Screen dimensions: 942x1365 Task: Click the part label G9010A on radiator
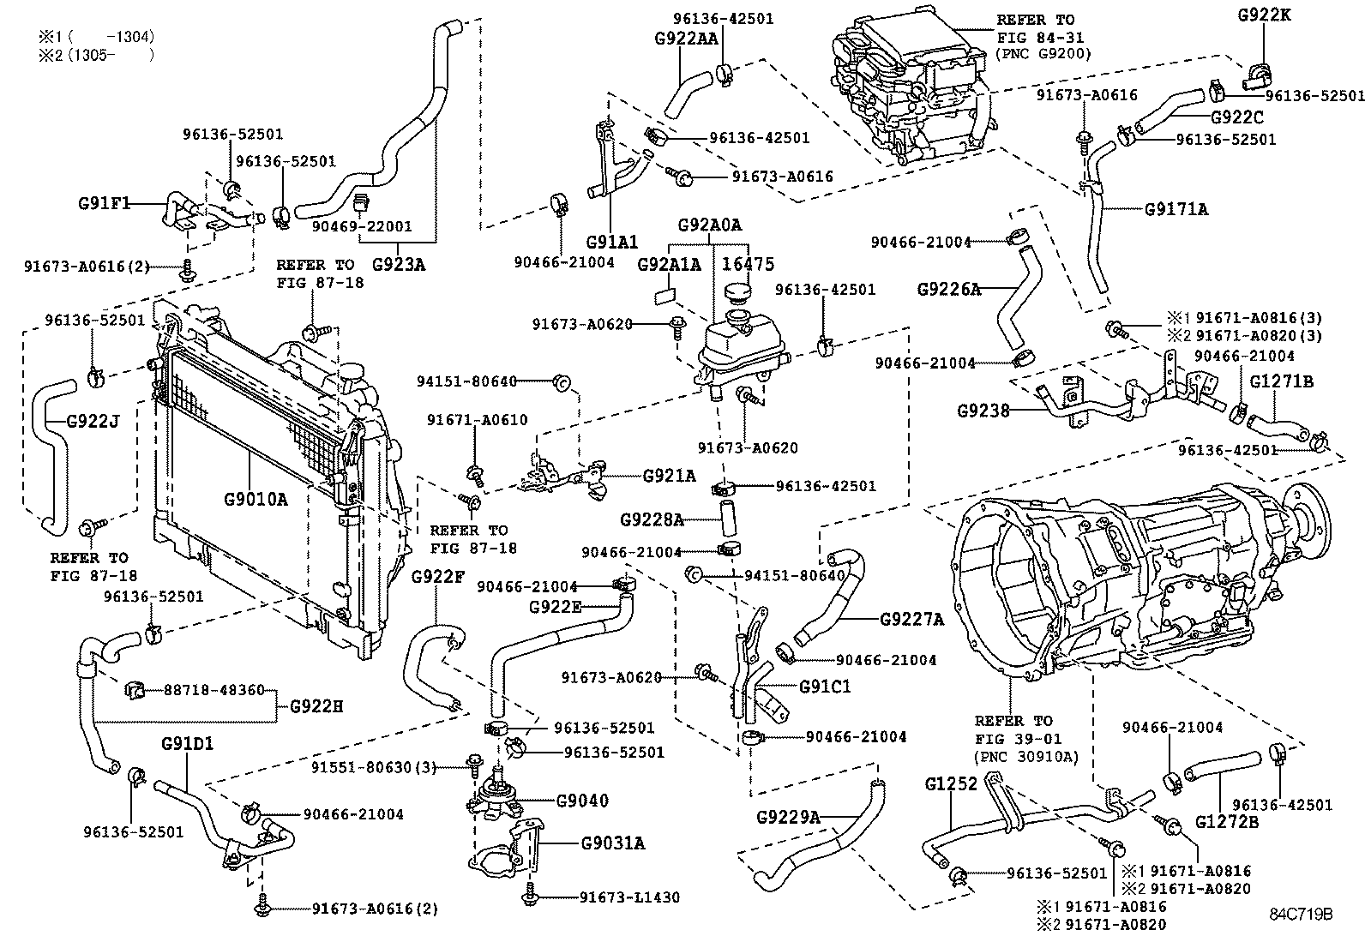(256, 499)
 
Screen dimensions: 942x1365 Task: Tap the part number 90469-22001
(362, 227)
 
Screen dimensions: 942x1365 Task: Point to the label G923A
(399, 264)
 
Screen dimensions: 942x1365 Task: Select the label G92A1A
(669, 265)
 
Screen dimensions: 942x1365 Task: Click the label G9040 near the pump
(582, 801)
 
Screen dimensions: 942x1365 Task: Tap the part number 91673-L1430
(628, 897)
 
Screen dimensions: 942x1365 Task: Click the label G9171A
(1176, 208)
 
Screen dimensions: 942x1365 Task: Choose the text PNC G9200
(1043, 53)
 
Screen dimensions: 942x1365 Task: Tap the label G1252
(951, 783)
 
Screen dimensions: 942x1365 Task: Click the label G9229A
(789, 817)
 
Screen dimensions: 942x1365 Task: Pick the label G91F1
(103, 203)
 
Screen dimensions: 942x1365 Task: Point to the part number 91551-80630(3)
(373, 767)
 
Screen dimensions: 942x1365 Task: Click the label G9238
(983, 411)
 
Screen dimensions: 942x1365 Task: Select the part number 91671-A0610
(478, 420)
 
